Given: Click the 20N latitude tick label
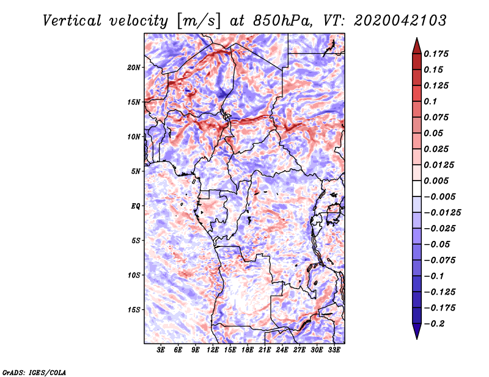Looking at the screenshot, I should coord(134,67).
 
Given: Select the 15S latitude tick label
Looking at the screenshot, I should coord(134,309).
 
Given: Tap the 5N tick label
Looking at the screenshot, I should coord(136,171).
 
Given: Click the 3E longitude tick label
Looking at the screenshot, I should coord(161,351).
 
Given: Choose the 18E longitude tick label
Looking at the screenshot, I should coord(248,351).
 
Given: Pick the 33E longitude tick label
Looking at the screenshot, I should coord(334,351).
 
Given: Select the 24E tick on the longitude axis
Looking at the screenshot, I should coord(282,351).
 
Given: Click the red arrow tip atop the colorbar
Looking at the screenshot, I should coord(416,42).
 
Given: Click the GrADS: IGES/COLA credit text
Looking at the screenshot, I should coord(34,372).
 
